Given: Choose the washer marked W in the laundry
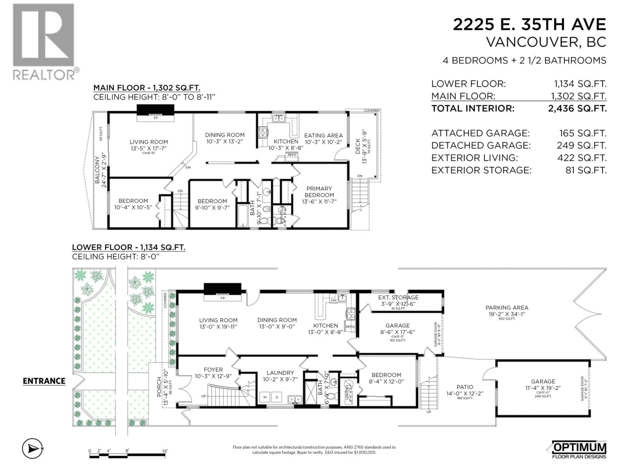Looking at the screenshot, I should tap(265, 397).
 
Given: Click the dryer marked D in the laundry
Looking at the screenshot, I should tap(277, 397).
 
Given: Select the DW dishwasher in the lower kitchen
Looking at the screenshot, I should tap(334, 300).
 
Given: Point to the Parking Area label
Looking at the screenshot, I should tap(507, 308).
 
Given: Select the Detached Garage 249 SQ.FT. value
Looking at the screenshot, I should tap(582, 145).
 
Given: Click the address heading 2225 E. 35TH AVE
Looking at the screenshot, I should tap(529, 24).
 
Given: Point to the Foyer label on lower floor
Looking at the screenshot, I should tap(213, 370).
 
